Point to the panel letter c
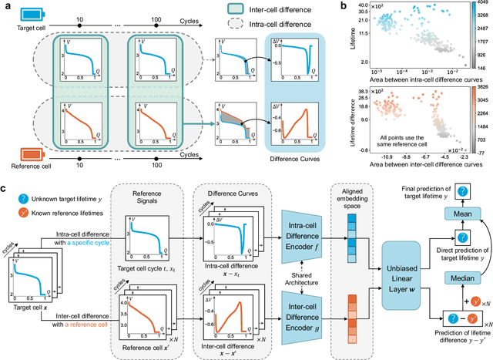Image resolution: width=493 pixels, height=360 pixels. pyautogui.click(x=6, y=188)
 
